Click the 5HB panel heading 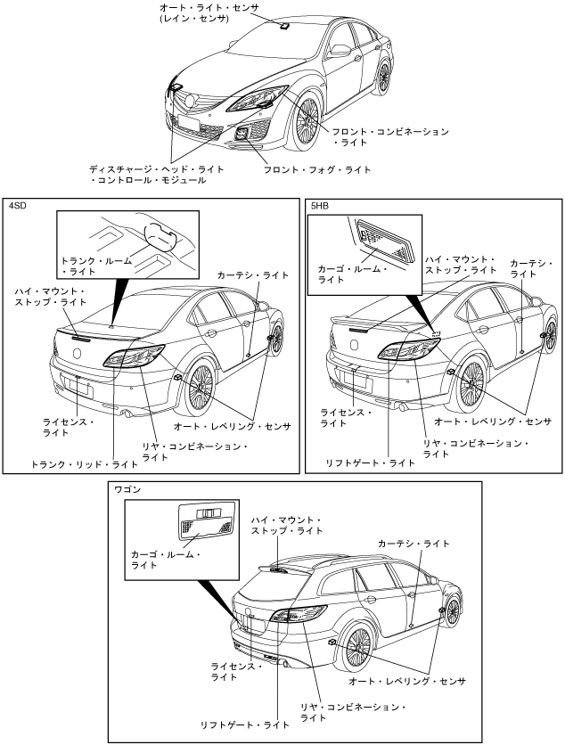point(321,207)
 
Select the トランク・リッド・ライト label point(85,464)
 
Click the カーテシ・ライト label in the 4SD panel point(252,276)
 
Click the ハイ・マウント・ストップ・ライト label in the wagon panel point(287,526)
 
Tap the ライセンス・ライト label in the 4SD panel point(67,426)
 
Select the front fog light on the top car point(242,135)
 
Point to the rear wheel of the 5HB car point(471,381)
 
